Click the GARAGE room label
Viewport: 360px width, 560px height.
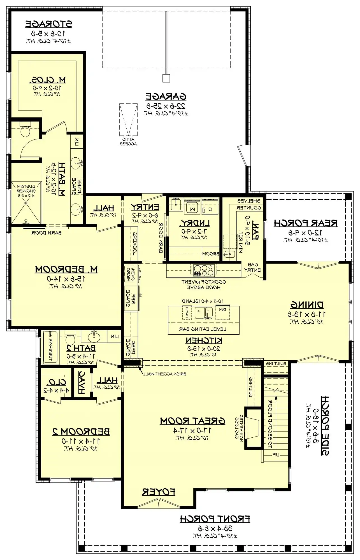point(166,97)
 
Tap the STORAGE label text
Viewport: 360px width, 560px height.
point(48,24)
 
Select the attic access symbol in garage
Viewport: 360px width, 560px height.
point(129,120)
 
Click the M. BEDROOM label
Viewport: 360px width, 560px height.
point(66,270)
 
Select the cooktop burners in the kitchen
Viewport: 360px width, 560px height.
point(204,270)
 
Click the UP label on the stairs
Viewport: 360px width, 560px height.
point(276,455)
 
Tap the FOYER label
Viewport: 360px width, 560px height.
point(159,492)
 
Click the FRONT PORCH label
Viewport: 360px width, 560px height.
point(215,519)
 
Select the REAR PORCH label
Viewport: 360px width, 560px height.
point(305,223)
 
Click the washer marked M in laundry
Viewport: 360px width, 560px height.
point(192,207)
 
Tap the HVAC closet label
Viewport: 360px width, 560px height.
point(82,383)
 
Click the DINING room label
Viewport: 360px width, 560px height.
point(307,305)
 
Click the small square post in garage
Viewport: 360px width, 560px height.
point(166,78)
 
